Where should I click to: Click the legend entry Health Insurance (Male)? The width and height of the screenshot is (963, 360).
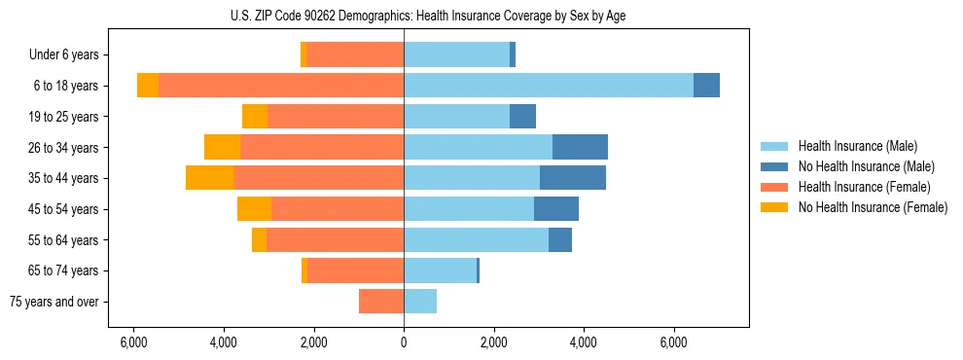pos(857,147)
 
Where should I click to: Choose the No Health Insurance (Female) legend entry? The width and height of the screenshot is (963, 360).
pos(873,207)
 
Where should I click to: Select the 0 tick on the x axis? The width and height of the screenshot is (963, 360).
pos(404,342)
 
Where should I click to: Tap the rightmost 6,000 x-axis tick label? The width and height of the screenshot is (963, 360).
pos(674,342)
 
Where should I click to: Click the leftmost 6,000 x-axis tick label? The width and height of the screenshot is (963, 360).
pos(133,342)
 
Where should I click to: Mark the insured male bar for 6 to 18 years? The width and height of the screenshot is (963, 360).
pos(549,86)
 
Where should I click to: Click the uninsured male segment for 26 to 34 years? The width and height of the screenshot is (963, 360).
pos(580,147)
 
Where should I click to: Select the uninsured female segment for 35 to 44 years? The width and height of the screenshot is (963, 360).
pos(210,178)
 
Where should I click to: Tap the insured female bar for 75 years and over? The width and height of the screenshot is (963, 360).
pos(381,302)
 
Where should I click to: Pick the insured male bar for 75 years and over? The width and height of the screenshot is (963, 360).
pos(420,302)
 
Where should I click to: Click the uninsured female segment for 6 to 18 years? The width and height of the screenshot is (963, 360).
pos(148,86)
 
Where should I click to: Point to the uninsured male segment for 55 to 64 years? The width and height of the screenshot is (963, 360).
pos(560,239)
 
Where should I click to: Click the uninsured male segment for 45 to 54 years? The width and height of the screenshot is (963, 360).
pos(556,208)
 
